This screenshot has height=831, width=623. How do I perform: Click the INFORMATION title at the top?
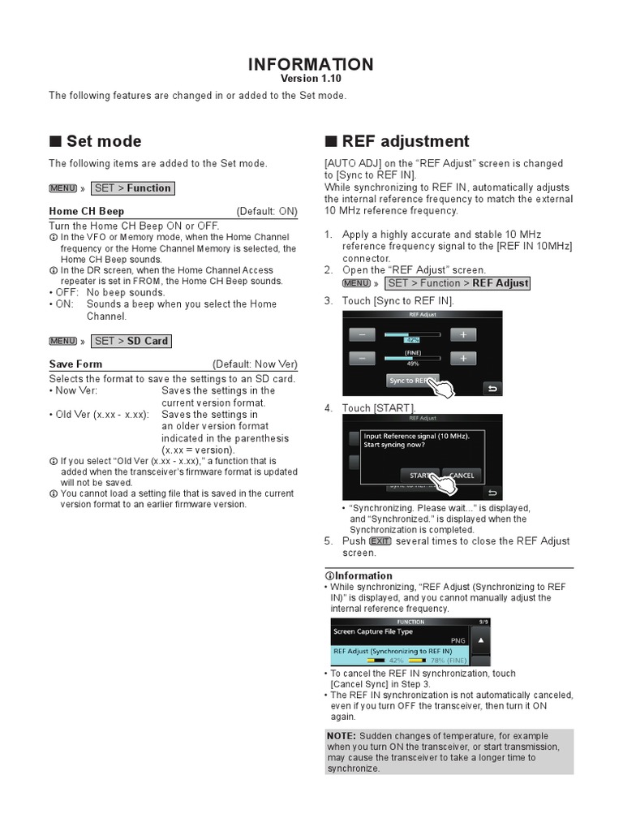point(311,64)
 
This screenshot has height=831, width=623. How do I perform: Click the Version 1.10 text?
point(311,80)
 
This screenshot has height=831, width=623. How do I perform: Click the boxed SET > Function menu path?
point(132,188)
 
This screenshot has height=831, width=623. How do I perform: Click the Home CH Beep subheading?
point(87,211)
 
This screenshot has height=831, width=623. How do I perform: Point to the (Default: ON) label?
point(267,211)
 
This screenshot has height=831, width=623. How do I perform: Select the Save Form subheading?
point(75,364)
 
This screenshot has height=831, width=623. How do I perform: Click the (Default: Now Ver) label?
point(255,364)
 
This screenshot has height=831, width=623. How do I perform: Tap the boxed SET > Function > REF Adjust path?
point(458,283)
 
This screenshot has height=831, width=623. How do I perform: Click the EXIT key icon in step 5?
point(380,541)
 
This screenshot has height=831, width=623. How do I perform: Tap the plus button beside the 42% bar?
point(463,334)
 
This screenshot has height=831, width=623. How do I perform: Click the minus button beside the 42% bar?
point(362,334)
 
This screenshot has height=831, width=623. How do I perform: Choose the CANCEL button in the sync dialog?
point(461,475)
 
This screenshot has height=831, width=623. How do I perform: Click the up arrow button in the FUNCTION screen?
point(480,639)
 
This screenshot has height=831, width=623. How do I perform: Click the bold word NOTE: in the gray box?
point(342,736)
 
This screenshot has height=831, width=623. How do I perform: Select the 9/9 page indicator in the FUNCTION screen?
point(483,622)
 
